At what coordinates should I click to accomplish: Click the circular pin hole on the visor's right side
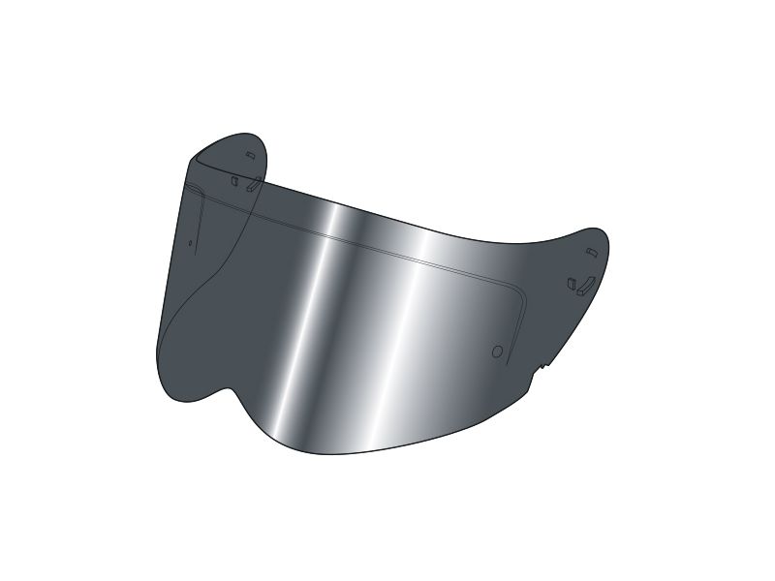497,352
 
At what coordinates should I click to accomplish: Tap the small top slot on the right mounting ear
592,253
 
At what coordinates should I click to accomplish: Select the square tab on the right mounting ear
572,285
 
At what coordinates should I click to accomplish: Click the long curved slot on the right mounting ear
584,285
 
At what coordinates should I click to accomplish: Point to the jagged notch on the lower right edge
541,367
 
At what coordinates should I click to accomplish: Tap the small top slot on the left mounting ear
250,155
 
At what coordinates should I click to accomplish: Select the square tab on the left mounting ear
234,179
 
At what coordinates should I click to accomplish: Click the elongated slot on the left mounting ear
251,185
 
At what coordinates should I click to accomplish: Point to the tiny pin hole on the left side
191,243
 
